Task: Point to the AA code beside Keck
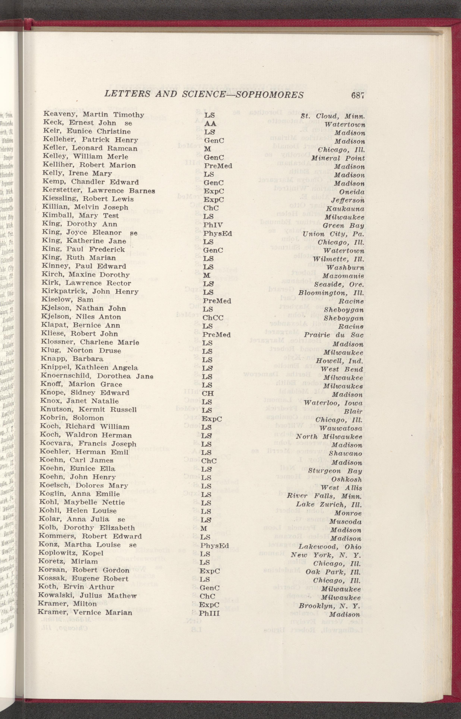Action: tap(210, 123)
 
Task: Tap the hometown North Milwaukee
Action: tap(329, 436)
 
